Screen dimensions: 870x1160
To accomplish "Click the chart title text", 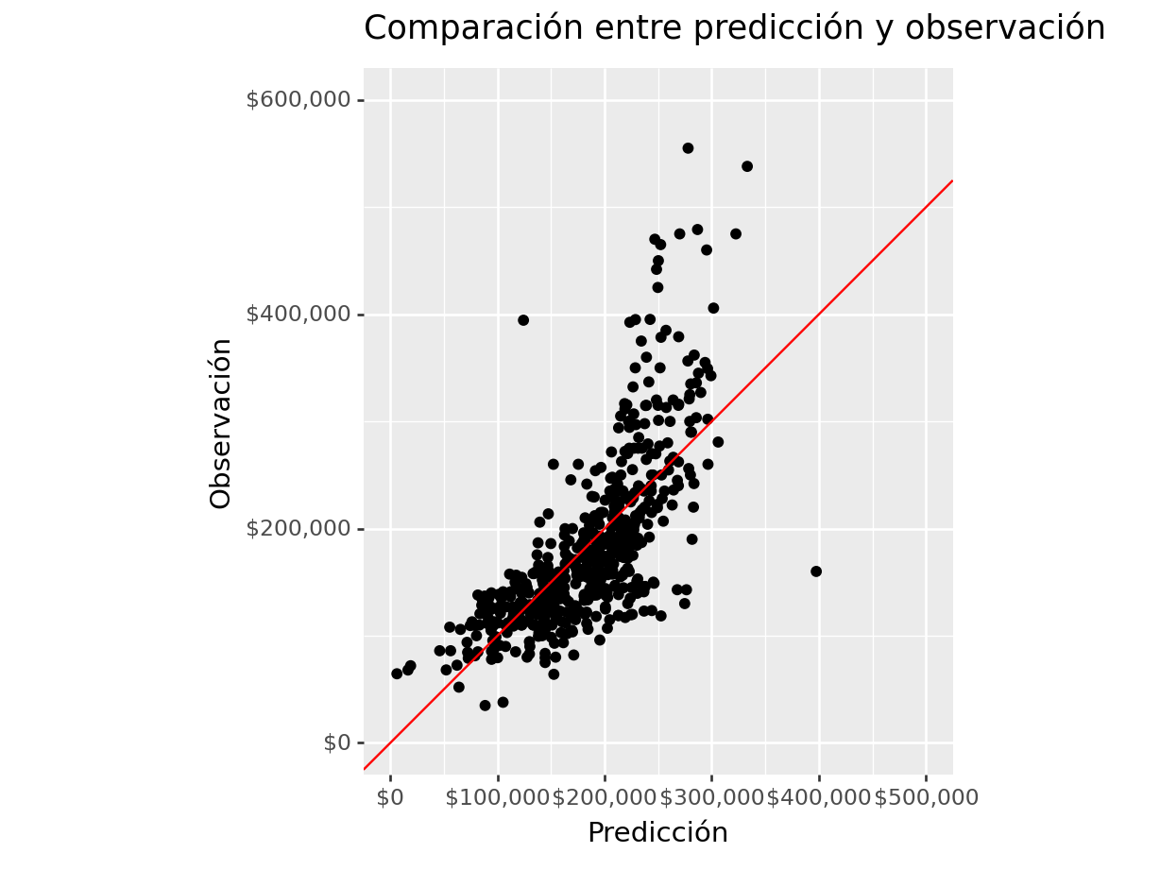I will point(734,28).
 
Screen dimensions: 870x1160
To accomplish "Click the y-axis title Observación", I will point(220,423).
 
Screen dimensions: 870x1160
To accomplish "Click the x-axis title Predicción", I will point(657,832).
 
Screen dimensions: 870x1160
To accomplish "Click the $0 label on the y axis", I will point(337,742).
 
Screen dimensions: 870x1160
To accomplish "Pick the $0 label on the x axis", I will point(390,797).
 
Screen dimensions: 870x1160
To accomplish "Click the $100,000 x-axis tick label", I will point(497,797).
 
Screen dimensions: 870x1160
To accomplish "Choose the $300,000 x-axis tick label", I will point(711,797).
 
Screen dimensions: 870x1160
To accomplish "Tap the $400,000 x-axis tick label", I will point(819,797).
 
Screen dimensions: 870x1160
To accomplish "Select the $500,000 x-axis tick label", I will point(927,797).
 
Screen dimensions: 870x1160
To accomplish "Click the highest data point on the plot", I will point(688,148).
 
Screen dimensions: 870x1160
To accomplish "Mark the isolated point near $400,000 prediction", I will point(816,571).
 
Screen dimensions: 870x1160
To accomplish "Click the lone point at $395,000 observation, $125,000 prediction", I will point(523,320).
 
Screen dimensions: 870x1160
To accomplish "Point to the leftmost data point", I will point(397,674).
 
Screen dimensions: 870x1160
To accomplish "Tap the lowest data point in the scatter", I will point(486,706).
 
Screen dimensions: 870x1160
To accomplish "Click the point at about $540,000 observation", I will point(747,166).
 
